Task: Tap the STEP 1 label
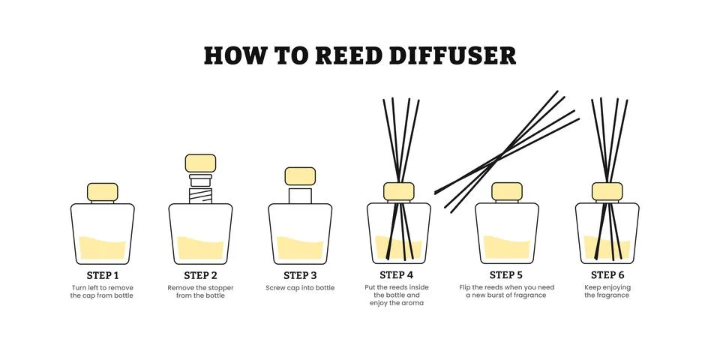(102, 275)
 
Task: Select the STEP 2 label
(200, 275)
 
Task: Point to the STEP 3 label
(299, 275)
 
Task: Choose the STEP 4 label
(397, 275)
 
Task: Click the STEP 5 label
(506, 275)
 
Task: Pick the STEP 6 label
(607, 275)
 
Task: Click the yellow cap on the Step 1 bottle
(102, 192)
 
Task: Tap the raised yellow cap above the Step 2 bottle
(200, 163)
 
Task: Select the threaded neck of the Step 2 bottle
(200, 193)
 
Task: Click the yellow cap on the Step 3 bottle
(299, 176)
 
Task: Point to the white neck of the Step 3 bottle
(299, 194)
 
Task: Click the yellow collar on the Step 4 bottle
(398, 191)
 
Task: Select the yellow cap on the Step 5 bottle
(506, 191)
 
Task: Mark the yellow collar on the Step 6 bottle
(607, 191)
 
